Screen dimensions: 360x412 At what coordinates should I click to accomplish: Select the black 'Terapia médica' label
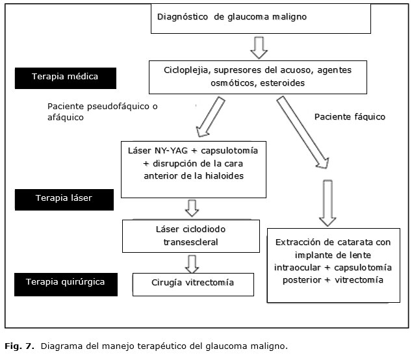pos(65,77)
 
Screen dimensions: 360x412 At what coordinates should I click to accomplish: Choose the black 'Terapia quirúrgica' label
pos(65,282)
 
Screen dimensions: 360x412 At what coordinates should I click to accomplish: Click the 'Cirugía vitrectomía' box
pos(192,283)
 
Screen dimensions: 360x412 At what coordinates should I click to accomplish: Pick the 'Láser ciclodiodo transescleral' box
pos(192,236)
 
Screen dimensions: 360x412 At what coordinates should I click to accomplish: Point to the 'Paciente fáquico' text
pos(350,117)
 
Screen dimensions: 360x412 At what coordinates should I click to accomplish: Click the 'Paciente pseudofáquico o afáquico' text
pos(103,112)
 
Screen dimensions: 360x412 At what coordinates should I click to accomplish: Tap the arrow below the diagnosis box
pos(259,47)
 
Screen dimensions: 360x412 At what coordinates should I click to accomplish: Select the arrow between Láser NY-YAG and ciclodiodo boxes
pos(192,208)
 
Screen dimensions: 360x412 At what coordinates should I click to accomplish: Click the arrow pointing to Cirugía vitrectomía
pos(192,263)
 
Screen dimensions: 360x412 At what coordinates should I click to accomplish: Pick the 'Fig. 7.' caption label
pos(19,346)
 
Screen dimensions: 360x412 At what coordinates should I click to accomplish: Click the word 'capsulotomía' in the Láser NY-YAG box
pos(224,151)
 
